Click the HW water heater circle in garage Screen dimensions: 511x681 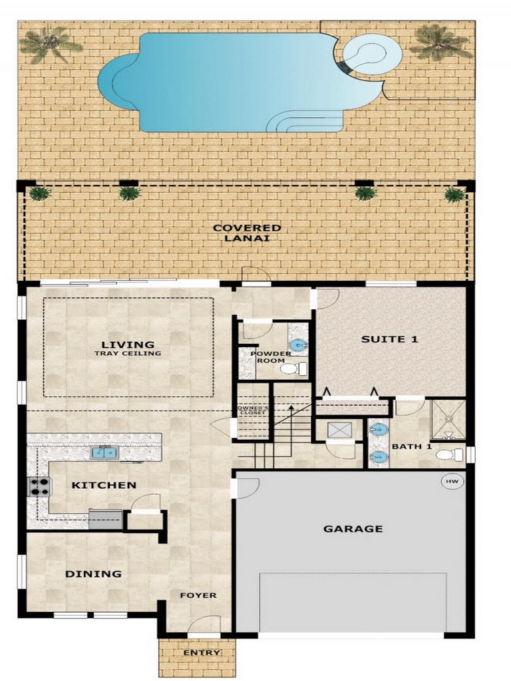[452, 481]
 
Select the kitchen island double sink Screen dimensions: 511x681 [104, 454]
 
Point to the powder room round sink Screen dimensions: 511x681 [298, 346]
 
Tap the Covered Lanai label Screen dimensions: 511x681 [247, 233]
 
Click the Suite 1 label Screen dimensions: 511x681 [389, 339]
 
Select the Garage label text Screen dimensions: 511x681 [353, 529]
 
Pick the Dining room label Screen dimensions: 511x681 [93, 574]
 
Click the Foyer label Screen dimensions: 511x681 [198, 595]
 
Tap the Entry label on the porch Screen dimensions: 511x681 [201, 653]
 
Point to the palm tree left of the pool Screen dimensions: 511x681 [49, 45]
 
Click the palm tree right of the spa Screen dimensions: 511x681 [440, 42]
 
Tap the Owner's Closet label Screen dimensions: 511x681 [254, 410]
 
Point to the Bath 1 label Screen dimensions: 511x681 [411, 446]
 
